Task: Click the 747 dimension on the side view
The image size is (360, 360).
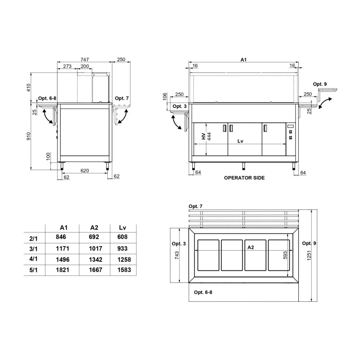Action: coord(85,59)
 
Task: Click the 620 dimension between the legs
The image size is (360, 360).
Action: coord(85,171)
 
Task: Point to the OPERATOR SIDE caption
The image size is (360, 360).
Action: coord(244,178)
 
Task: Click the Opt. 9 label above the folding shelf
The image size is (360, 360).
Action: coord(320,84)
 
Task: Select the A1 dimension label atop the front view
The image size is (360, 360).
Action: coord(244,60)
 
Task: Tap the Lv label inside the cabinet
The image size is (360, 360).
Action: coord(240,141)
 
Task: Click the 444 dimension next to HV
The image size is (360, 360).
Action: coord(209,136)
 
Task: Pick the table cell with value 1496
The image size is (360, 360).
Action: coord(62,260)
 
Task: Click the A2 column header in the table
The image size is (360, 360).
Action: coord(94,228)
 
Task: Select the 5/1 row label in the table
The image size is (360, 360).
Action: coord(33,270)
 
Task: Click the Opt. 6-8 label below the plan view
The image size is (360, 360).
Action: coord(203,292)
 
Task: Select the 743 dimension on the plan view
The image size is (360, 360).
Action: coord(177,256)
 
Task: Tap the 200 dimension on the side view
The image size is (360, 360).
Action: coord(85,67)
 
